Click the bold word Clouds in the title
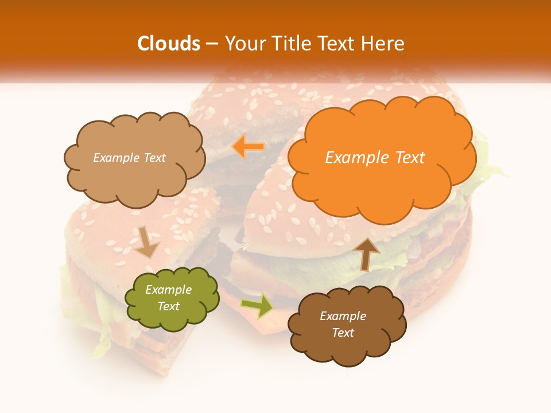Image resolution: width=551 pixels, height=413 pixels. tap(169, 44)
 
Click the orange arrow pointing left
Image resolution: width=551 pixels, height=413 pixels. tap(248, 147)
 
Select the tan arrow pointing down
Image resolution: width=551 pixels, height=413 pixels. tap(146, 241)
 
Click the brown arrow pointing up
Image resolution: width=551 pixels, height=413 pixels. tap(366, 253)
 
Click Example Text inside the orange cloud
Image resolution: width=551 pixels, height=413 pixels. tap(375, 158)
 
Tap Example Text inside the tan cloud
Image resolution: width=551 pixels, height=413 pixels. tap(129, 158)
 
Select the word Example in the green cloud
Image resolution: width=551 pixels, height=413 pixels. tap(168, 290)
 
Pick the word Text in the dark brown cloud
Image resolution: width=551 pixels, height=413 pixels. tap(343, 333)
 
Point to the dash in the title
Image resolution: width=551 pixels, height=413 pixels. tap(212, 44)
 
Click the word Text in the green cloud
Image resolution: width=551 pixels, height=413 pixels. tap(168, 306)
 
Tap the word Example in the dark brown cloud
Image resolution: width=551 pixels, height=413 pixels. tap(343, 316)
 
